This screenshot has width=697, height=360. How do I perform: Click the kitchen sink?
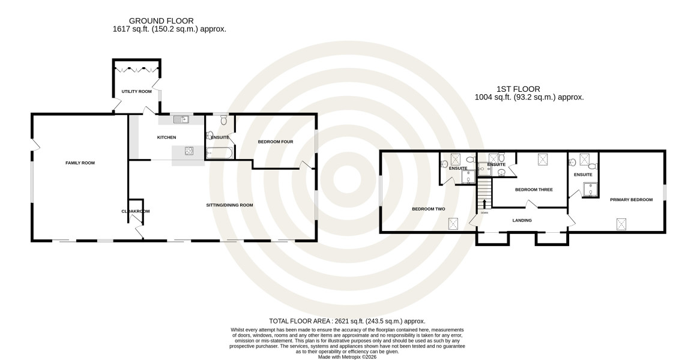point(181,119)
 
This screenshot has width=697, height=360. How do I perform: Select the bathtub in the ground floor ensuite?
point(219,154)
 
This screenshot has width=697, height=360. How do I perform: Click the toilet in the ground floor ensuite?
point(223,121)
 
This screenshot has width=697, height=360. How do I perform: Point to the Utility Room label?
point(136,92)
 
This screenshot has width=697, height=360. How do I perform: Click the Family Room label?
point(80,163)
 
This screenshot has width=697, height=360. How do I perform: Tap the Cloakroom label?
point(136,212)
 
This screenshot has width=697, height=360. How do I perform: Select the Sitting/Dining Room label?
point(230,205)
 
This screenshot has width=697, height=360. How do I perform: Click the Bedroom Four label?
point(276,142)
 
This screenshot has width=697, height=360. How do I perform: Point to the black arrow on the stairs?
point(484,204)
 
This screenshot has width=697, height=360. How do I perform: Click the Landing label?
point(522,220)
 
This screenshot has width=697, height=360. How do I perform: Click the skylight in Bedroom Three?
point(543,159)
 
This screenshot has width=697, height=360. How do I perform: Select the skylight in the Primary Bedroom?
point(621,224)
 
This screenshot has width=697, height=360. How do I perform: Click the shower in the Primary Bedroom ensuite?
point(590,189)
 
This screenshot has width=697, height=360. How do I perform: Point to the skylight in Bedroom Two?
point(453,224)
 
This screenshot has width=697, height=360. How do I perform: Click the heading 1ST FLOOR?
point(518,89)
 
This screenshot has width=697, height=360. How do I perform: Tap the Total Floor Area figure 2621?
point(342,321)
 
